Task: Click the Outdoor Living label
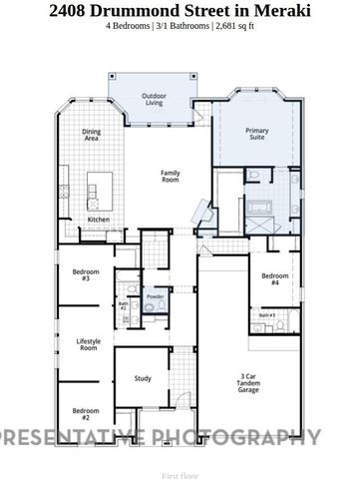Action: click(153, 99)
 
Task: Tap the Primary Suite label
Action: click(257, 134)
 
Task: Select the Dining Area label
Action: click(91, 134)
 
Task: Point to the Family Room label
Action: click(171, 176)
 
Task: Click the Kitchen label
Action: click(98, 219)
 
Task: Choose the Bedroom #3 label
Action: click(86, 274)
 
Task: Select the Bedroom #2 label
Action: click(86, 412)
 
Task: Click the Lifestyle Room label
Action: click(88, 344)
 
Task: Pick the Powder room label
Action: click(155, 297)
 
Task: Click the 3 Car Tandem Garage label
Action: click(248, 383)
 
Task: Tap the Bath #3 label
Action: click(266, 315)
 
